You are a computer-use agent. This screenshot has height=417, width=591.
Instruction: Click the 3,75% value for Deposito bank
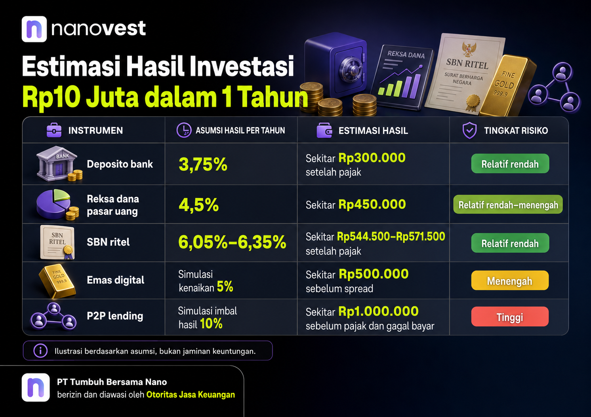(203, 165)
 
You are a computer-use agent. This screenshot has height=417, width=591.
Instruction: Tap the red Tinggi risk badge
(510, 317)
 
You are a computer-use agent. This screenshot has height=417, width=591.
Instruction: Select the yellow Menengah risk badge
(510, 281)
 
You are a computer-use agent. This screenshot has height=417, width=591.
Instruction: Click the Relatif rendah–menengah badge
(508, 204)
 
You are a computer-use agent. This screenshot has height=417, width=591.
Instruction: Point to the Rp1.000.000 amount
(378, 311)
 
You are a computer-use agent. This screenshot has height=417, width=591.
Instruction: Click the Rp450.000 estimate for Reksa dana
(372, 204)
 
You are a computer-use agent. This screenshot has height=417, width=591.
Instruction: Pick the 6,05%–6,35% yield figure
(232, 242)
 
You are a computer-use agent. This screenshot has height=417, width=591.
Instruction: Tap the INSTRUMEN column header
(95, 131)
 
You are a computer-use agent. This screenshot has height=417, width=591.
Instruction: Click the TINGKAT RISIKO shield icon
(470, 130)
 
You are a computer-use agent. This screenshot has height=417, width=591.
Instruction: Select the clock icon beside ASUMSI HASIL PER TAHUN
(184, 130)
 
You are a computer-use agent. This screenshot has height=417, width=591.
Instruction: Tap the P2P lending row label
(115, 316)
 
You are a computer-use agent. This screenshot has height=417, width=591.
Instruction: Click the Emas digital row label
(116, 280)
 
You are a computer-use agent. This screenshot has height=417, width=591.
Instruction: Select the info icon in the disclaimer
(40, 351)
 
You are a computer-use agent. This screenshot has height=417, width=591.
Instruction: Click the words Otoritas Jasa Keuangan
(191, 394)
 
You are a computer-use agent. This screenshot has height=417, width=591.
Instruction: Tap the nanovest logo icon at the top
(34, 29)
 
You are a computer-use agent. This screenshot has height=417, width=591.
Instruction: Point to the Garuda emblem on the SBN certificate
(469, 49)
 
